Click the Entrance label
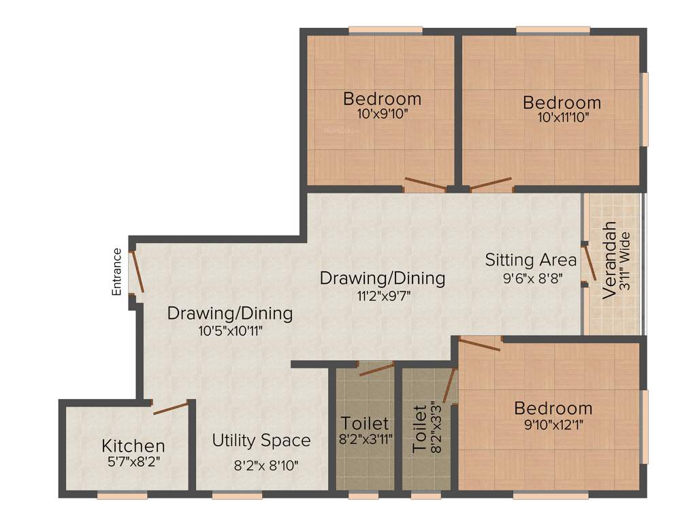point(117,272)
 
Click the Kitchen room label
point(133,447)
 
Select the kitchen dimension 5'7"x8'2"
point(133,461)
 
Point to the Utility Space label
point(261,441)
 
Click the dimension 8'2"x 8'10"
point(265,466)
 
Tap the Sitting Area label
point(531,259)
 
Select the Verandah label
point(611,260)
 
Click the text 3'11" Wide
point(626,263)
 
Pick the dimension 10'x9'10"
point(382,114)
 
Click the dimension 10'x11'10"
point(562,117)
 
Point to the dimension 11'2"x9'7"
point(383,295)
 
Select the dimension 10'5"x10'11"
point(230,330)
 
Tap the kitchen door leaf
point(170,409)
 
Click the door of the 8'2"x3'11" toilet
point(376,369)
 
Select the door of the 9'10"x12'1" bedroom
point(479,343)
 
